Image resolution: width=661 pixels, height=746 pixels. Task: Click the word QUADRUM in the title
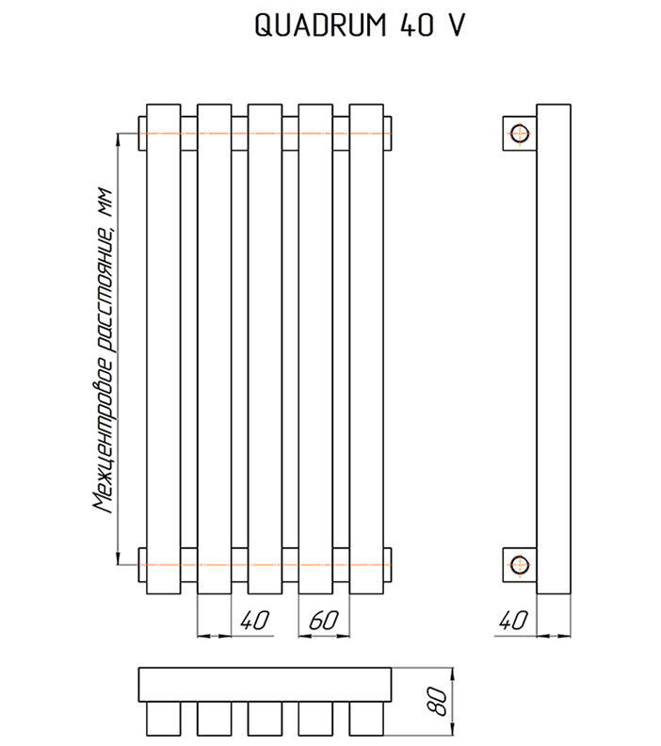coord(320,24)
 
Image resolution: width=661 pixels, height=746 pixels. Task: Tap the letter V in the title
coord(456,24)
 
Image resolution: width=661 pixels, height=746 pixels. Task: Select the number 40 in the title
coord(416,24)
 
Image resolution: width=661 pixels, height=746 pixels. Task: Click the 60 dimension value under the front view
coord(323,621)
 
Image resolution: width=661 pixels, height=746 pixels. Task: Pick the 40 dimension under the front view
coord(254,621)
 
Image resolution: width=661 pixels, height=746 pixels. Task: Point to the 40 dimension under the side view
coord(513,621)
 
